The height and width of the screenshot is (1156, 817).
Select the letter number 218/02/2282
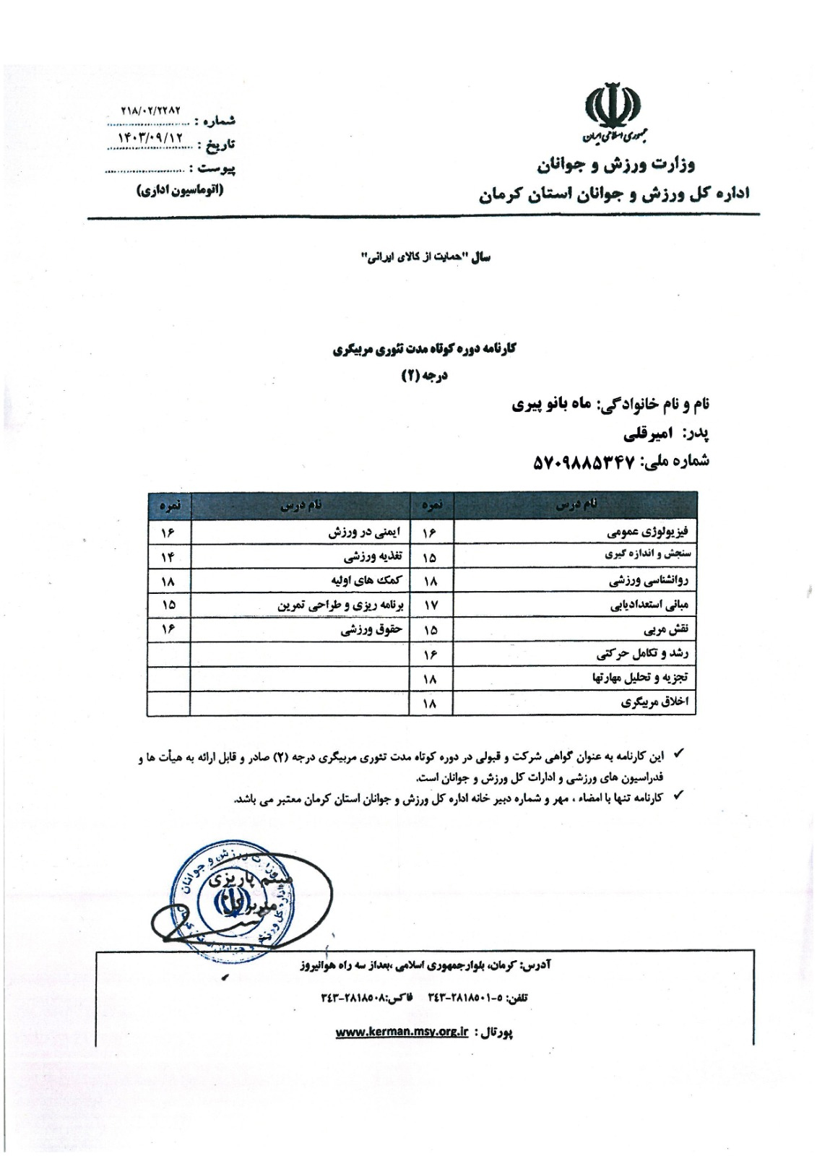151,112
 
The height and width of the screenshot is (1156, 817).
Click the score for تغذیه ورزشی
168,557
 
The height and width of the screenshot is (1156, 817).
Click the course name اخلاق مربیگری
658,702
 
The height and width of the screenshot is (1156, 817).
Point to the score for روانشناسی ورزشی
431,582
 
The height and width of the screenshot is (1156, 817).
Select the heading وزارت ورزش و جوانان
615,165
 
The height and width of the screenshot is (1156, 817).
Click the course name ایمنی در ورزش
367,532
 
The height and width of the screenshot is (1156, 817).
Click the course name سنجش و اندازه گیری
647,556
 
